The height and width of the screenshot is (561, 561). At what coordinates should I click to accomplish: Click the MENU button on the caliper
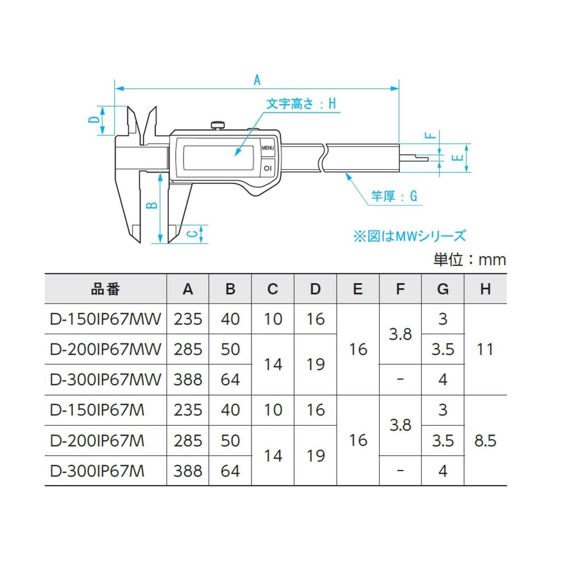coord(268,148)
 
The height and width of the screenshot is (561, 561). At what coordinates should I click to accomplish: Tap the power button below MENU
coord(268,168)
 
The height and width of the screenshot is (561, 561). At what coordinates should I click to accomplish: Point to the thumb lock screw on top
coord(218,124)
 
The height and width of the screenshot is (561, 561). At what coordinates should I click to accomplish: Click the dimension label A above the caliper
coord(256,79)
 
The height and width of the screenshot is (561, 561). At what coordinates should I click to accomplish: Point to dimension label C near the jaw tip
coord(192,234)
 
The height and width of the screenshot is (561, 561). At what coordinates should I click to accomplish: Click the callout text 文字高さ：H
coord(301,104)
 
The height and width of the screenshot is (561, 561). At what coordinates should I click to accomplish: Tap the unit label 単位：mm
coord(470,259)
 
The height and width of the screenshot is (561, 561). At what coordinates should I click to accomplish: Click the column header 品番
coord(105,289)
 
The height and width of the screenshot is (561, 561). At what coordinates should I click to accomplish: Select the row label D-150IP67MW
coord(105,319)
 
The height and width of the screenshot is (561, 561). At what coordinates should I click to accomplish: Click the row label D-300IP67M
coord(98,471)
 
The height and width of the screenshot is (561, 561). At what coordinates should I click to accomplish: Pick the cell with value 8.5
coord(485,440)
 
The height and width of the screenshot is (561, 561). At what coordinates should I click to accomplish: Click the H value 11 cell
coord(485,349)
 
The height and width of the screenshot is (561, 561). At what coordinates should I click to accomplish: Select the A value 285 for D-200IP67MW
coord(188,349)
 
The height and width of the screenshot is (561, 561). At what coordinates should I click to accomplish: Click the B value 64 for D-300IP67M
coord(230,471)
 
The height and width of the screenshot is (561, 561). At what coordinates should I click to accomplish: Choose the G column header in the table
coord(443,289)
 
